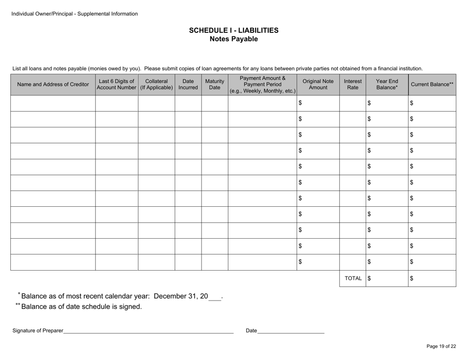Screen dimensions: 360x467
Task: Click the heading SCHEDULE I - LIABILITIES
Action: [233, 30]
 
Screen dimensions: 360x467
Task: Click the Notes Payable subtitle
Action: [233, 39]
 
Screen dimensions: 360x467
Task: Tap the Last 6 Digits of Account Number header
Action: [117, 84]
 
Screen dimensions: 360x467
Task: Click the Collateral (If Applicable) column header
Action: [156, 84]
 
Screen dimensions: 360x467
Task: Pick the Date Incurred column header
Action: [188, 84]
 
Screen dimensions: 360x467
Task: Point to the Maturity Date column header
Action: [214, 84]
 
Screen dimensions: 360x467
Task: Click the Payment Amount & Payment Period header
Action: [263, 84]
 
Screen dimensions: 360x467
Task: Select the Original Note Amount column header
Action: [318, 84]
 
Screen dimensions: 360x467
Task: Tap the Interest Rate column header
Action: [352, 84]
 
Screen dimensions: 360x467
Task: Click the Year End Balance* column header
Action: [387, 84]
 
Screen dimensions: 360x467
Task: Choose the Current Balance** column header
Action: [432, 84]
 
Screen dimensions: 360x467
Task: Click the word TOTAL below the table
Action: [352, 278]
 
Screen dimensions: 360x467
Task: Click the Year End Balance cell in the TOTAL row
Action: [387, 278]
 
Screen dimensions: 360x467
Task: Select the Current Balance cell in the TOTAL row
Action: [432, 278]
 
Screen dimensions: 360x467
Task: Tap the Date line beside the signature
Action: [291, 331]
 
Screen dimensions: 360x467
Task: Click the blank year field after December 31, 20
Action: [215, 297]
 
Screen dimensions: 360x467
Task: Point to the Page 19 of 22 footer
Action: [441, 346]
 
